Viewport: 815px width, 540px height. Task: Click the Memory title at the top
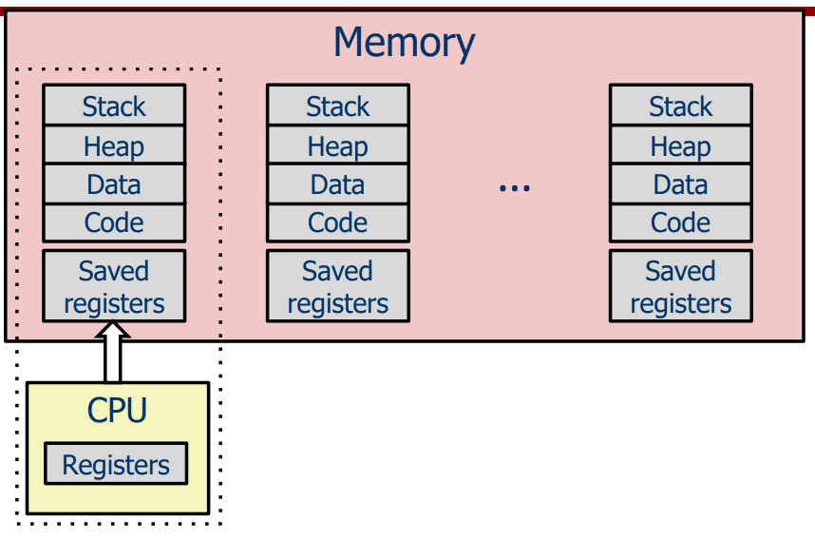404,43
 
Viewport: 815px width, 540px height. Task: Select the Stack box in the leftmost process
114,106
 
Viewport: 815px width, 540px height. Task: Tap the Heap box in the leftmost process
114,145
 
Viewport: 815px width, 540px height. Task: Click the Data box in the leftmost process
114,184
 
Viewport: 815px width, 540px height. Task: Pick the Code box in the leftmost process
114,222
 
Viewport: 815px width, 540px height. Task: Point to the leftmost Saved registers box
114,286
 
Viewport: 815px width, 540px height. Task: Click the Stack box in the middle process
338,106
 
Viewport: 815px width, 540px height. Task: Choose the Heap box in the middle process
338,145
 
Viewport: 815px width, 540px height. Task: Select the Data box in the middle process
338,184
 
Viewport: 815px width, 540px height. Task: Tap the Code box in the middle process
338,222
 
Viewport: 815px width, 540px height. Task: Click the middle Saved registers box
338,286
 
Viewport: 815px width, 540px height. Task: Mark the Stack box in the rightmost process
681,106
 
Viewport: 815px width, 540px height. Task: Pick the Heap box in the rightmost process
681,145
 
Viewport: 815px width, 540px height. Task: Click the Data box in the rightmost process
681,184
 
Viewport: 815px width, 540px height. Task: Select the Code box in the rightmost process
681,222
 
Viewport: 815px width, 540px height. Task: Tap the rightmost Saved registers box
681,286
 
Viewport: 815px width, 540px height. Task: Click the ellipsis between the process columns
514,188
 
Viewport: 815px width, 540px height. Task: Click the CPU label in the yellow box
118,410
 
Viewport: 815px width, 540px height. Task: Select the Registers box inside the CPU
116,465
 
